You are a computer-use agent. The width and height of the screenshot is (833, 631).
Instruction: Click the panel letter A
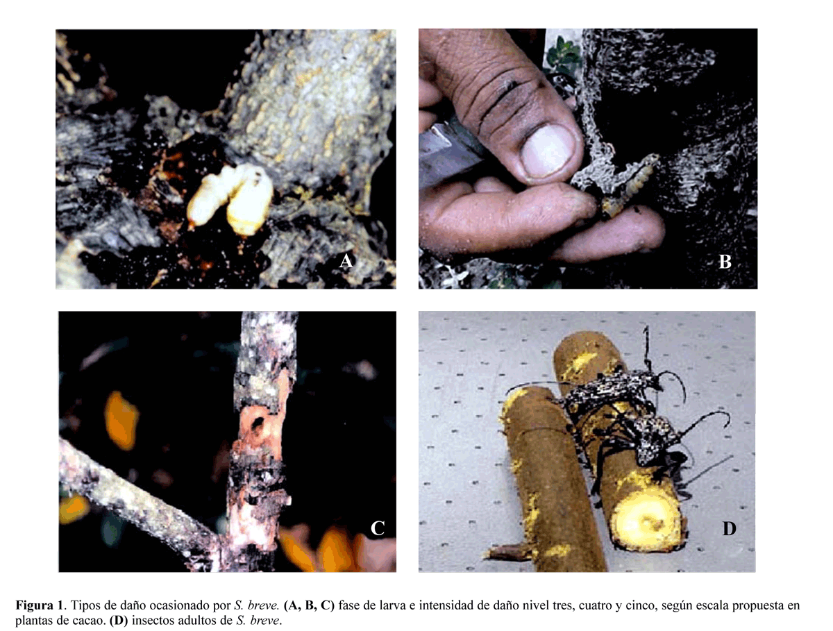tap(346, 261)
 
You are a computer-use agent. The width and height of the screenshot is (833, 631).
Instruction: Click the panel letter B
tap(725, 262)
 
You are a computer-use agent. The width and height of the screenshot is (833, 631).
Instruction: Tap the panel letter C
tap(377, 528)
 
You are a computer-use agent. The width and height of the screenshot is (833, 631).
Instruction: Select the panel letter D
tap(729, 528)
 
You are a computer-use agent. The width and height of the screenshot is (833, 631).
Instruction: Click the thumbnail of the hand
tap(547, 152)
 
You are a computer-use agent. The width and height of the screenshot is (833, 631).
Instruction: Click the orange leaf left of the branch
tap(120, 420)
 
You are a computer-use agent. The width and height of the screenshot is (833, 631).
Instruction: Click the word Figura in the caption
tap(34, 605)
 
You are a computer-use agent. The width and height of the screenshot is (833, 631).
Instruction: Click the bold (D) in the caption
tap(118, 621)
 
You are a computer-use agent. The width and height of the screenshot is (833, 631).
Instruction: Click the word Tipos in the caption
tap(85, 605)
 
